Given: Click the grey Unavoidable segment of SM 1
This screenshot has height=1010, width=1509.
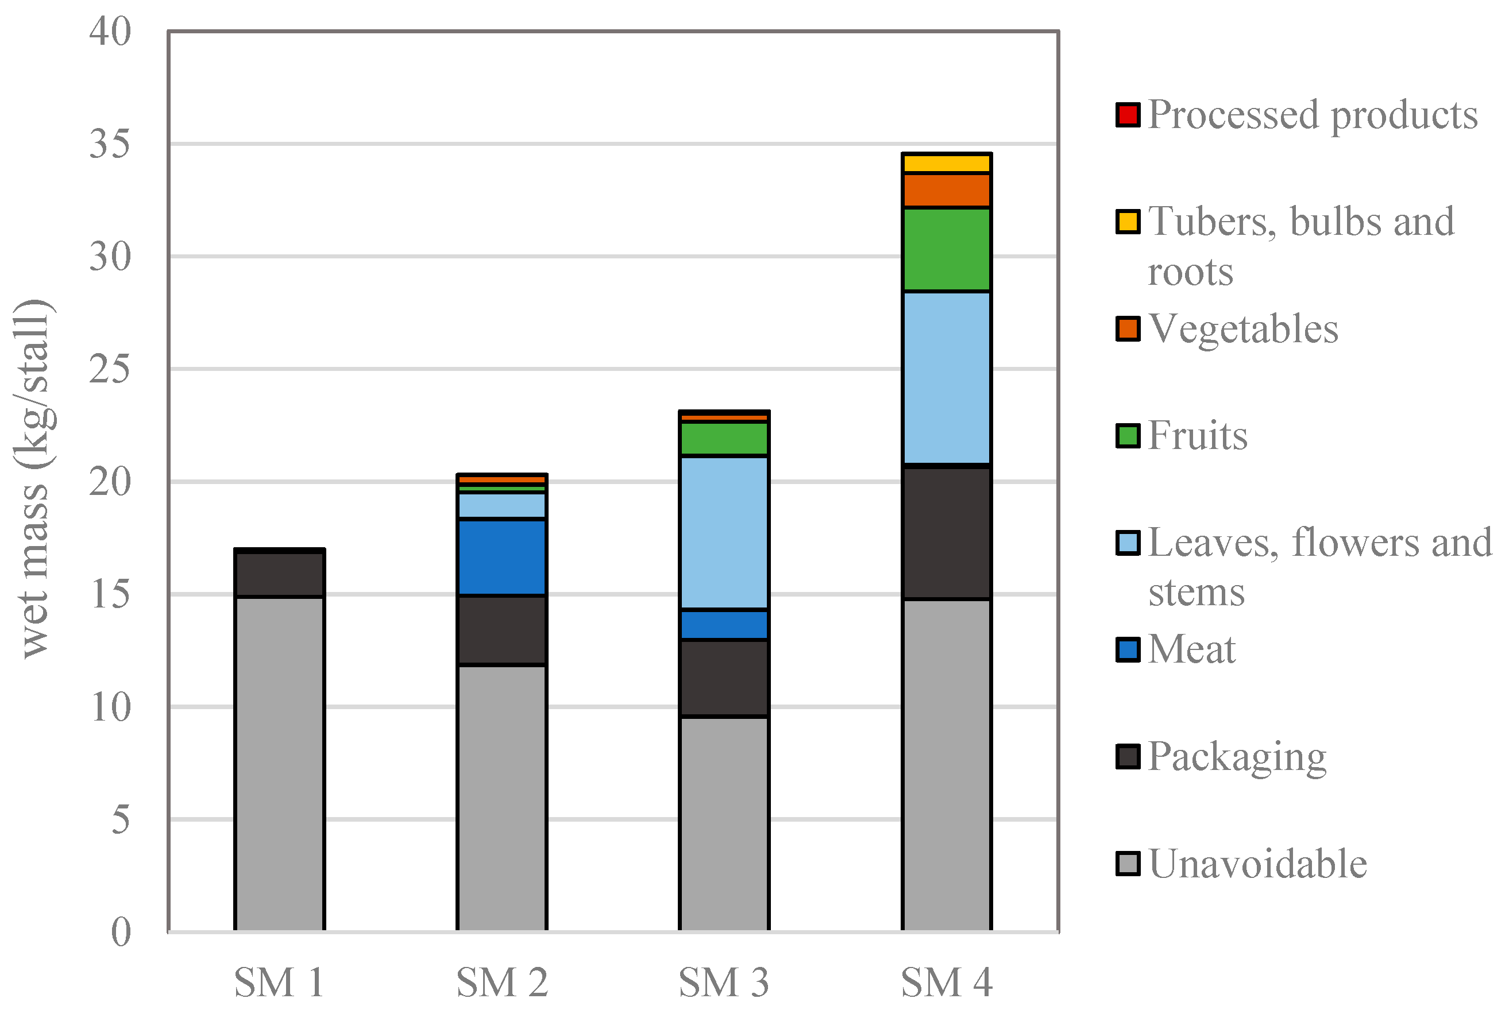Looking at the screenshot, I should (x=279, y=763).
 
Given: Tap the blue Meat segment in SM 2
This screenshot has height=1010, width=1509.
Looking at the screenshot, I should (x=501, y=557).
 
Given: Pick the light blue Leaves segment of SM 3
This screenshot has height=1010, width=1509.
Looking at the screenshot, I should (x=724, y=533).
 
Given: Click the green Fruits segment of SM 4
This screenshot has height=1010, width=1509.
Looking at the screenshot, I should (x=946, y=249).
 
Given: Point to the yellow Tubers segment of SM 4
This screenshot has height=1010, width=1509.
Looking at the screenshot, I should (x=946, y=163).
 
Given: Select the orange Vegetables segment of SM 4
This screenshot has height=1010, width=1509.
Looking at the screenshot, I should (x=946, y=190).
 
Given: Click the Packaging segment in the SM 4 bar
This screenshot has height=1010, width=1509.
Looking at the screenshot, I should (x=946, y=533).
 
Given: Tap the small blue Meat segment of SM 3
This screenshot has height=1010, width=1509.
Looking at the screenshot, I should (x=724, y=625).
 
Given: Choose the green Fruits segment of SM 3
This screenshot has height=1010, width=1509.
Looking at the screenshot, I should (x=724, y=439).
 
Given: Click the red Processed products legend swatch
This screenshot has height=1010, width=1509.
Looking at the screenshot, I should (x=1128, y=115).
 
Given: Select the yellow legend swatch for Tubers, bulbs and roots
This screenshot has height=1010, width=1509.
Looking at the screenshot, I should (x=1128, y=222).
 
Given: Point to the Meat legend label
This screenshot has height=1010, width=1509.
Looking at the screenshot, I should (x=1191, y=649).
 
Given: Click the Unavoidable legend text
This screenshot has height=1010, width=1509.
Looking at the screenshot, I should (x=1257, y=864).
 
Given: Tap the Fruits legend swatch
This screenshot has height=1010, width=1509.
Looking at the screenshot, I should (x=1128, y=435).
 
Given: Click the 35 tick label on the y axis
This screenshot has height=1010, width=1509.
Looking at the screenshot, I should (x=110, y=144).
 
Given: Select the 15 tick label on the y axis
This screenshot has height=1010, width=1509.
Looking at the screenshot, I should (x=110, y=594).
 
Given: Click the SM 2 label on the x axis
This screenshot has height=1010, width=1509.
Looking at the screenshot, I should (x=501, y=982).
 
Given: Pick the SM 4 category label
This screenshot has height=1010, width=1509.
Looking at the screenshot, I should (x=946, y=982).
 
